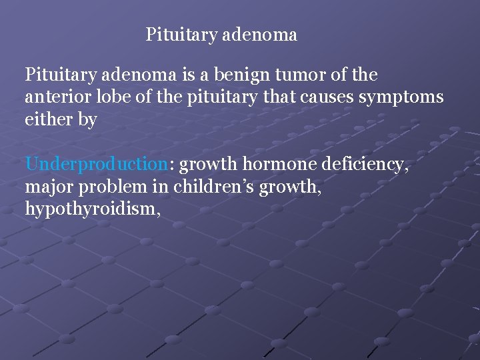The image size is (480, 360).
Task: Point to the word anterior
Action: [x=55, y=97]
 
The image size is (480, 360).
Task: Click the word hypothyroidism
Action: [x=93, y=210]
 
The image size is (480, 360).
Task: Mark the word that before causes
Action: [x=282, y=97]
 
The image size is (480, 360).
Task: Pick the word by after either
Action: [x=87, y=121]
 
